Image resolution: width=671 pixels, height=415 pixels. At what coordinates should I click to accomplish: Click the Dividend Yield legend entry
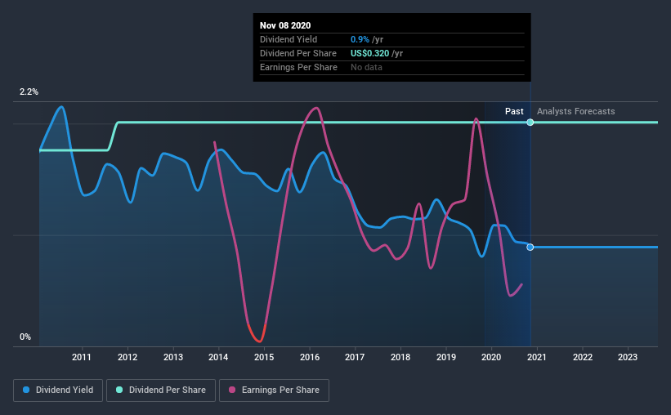tap(58, 390)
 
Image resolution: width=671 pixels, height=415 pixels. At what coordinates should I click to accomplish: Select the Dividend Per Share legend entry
tap(166, 390)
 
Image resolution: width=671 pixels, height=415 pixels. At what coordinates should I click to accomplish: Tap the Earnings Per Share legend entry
tap(274, 390)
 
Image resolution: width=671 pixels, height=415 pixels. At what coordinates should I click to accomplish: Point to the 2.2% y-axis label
tap(29, 92)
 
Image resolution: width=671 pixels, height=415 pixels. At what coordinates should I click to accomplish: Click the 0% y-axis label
tap(25, 337)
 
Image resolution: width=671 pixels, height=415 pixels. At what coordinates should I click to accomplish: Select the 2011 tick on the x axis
tap(82, 357)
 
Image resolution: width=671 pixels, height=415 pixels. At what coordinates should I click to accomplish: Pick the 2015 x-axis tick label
tap(264, 357)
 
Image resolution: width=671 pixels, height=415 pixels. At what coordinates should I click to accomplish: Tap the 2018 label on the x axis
tap(400, 357)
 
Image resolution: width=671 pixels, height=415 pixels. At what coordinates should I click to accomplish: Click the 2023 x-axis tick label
tap(628, 357)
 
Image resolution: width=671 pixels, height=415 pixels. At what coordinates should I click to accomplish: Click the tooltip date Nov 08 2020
tap(285, 25)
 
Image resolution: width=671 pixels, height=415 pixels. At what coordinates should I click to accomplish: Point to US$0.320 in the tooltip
tap(382, 53)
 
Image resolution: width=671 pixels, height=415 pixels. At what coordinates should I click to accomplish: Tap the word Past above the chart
tap(514, 111)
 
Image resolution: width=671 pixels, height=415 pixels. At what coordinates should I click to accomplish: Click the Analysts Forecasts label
tap(575, 111)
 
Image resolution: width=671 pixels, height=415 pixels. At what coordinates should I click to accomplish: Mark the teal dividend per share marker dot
tap(530, 122)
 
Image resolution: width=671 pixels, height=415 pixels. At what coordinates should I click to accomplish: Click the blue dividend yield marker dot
tap(530, 247)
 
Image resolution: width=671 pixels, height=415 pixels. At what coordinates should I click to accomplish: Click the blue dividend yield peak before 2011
tap(61, 107)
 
